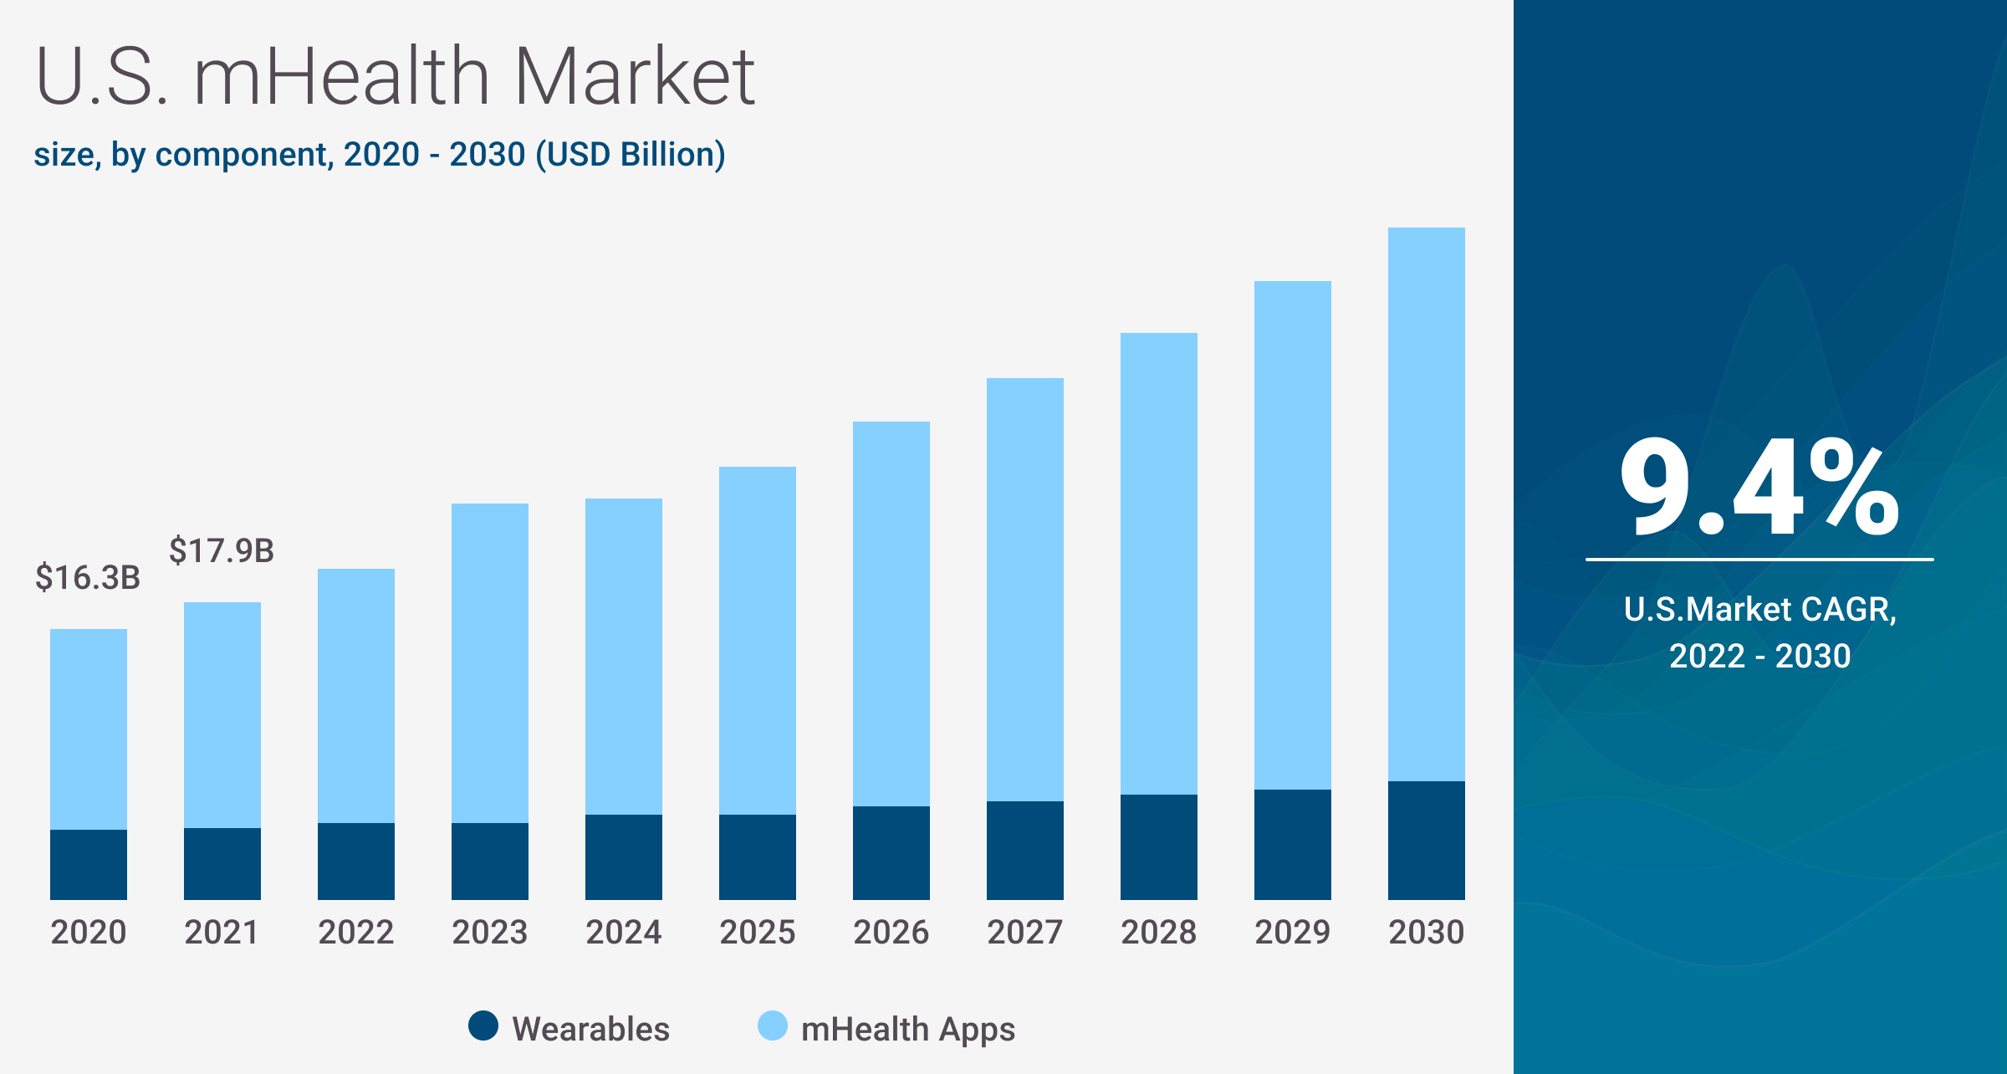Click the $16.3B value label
tap(88, 578)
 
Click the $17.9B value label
tap(222, 551)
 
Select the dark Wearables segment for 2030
tap(1426, 840)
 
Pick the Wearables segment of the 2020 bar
tap(88, 864)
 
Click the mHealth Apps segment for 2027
tap(1024, 589)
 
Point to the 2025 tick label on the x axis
tap(757, 932)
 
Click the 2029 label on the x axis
tap(1292, 932)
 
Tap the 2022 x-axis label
tap(355, 932)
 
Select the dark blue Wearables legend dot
tap(483, 1025)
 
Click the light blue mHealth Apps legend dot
tap(772, 1025)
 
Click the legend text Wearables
tap(590, 1029)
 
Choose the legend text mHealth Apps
tap(907, 1029)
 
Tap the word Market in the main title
tap(634, 77)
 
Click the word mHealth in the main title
tap(341, 77)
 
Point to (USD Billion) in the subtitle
tap(631, 155)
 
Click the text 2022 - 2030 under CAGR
tap(1759, 656)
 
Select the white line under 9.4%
tap(1759, 560)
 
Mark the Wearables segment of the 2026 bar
tap(891, 852)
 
